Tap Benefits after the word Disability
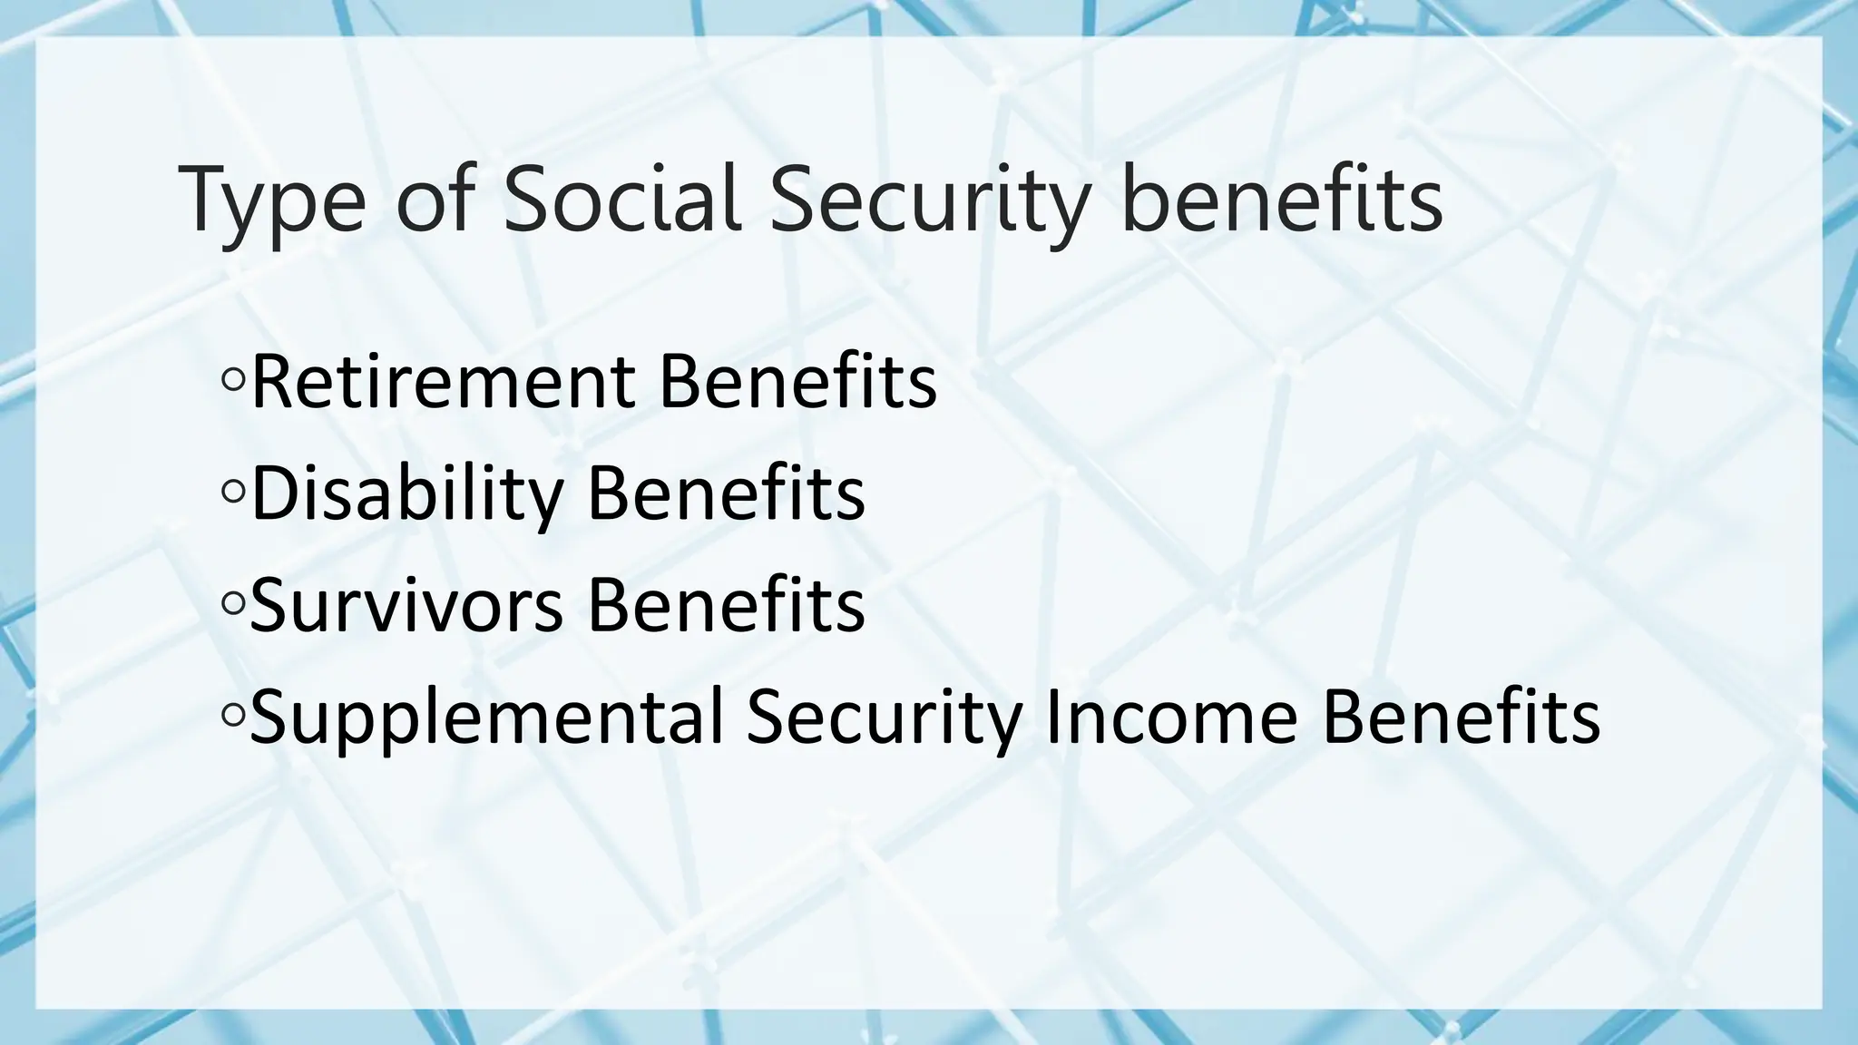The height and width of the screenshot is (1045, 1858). [x=727, y=493]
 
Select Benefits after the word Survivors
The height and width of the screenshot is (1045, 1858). [x=727, y=605]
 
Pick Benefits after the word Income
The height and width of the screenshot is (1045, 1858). [x=1461, y=718]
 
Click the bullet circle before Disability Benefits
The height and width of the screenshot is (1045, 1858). [x=232, y=493]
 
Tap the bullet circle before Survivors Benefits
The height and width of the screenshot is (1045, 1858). [x=232, y=605]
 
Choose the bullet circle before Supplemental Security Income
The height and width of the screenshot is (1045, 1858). [x=232, y=717]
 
